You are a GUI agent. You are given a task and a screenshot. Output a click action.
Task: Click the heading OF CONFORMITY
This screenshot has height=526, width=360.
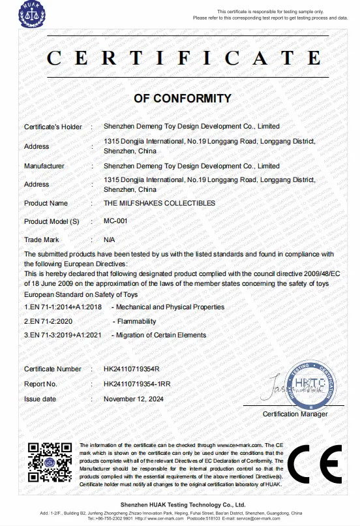[182, 99]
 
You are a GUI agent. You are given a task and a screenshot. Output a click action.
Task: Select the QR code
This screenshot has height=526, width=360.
[48, 463]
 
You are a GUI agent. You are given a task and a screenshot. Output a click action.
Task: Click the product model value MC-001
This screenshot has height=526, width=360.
[115, 221]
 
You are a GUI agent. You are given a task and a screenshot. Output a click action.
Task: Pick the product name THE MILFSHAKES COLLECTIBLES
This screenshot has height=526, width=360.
[159, 203]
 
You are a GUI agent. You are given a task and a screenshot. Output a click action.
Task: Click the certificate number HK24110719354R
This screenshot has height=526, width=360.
[131, 369]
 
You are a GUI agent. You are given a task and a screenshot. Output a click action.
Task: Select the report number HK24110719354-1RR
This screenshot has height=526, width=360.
[136, 384]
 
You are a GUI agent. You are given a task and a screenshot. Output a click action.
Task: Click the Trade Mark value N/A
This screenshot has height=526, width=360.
[109, 240]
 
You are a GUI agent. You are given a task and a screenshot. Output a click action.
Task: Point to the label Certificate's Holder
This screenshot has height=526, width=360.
[53, 126]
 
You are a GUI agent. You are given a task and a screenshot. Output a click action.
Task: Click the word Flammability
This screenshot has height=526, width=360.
[136, 321]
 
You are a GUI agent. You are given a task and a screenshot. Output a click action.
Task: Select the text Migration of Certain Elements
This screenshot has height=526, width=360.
[160, 335]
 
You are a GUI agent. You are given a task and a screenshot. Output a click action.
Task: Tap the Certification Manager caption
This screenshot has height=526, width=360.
[295, 414]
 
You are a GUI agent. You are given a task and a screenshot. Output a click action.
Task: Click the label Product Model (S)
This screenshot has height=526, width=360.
[51, 221]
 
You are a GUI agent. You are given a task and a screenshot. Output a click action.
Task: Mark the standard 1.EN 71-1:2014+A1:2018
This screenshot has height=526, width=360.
[62, 307]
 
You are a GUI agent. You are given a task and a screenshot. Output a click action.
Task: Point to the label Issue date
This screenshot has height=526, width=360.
[40, 398]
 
